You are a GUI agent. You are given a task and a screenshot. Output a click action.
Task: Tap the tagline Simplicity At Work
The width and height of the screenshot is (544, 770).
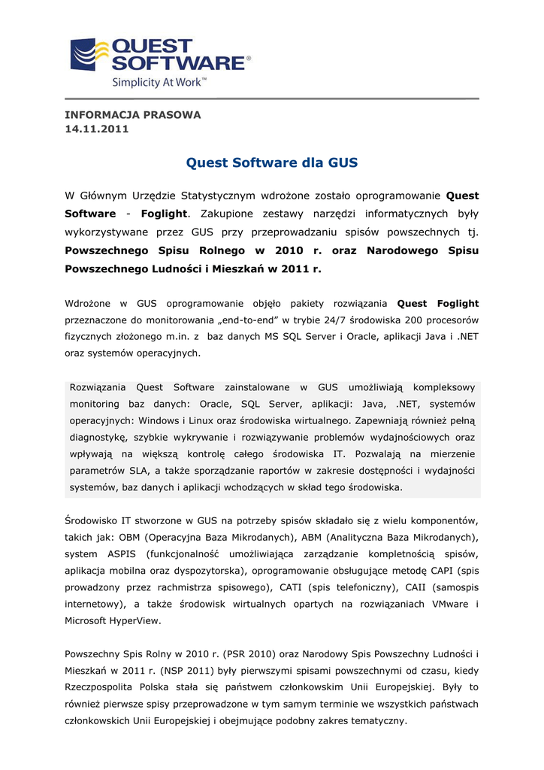pyautogui.click(x=159, y=82)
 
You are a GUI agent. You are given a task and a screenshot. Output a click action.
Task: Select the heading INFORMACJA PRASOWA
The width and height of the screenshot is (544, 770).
pyautogui.click(x=133, y=115)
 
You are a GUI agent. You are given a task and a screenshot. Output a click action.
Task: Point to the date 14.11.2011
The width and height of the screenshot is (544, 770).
pyautogui.click(x=97, y=129)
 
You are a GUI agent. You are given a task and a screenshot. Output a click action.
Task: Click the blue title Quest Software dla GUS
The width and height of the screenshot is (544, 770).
pyautogui.click(x=272, y=162)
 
